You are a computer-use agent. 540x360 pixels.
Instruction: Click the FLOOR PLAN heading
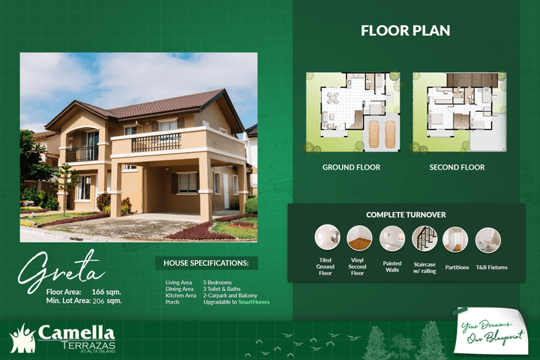405,31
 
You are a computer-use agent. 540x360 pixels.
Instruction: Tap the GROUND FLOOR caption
351,167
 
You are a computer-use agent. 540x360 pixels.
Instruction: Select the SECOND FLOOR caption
457,167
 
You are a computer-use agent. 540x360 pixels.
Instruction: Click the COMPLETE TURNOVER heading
406,214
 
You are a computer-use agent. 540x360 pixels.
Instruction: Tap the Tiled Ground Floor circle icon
327,238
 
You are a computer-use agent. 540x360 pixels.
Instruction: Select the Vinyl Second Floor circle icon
359,238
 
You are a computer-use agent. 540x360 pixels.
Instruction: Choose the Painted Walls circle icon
391,238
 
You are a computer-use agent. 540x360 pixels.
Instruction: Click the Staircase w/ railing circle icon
424,238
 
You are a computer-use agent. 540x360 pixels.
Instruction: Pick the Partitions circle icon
455,238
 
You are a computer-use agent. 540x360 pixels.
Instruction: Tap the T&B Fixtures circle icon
487,238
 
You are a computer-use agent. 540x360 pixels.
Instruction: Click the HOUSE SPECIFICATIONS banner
205,263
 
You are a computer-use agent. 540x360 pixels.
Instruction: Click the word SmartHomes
254,302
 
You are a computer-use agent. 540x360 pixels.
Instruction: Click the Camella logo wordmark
76,331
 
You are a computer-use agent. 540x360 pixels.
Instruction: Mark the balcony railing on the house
156,142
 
